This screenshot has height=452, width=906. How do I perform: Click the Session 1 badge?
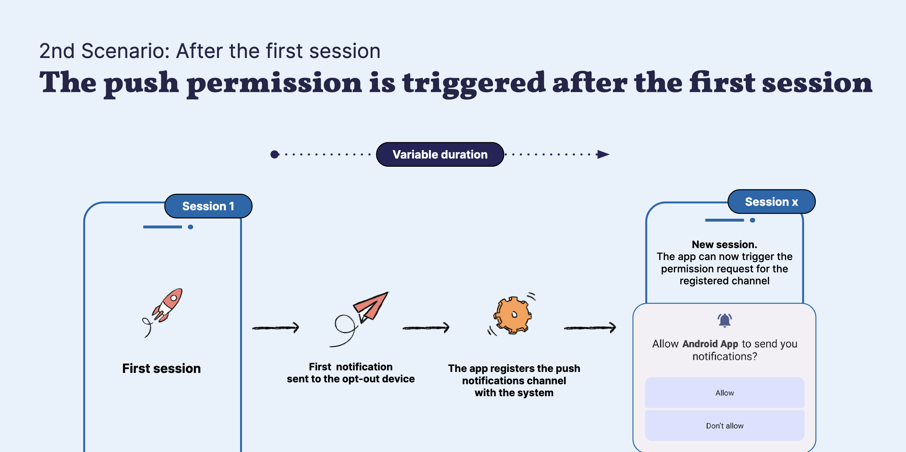click(208, 206)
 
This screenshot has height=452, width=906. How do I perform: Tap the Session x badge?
click(771, 202)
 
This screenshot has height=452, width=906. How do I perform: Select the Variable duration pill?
click(440, 154)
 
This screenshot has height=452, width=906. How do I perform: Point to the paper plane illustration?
click(359, 318)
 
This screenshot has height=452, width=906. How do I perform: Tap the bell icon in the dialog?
click(725, 320)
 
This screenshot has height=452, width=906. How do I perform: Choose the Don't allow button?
click(725, 426)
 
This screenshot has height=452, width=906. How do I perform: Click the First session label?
click(162, 368)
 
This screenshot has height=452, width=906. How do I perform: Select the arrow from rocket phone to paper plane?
click(276, 327)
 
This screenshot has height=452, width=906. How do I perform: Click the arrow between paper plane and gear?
click(426, 327)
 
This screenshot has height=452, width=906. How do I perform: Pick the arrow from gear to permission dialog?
click(590, 327)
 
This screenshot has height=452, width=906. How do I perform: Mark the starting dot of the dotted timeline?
click(275, 154)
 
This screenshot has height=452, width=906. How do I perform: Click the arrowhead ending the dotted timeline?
click(603, 154)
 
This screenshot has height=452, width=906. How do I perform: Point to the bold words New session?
click(725, 244)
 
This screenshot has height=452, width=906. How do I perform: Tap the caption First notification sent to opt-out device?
click(351, 373)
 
